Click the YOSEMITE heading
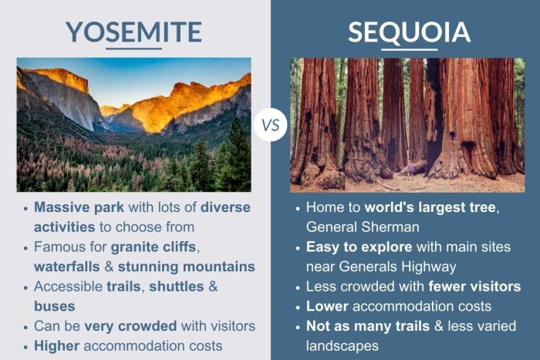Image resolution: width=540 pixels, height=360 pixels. [133, 31]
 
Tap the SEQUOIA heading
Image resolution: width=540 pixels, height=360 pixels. [409, 31]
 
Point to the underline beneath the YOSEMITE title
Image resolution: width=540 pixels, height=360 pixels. [133, 49]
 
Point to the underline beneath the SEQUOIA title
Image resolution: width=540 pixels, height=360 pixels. [409, 49]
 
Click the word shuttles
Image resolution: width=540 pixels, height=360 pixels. [177, 286]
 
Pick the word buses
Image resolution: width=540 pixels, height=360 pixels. [53, 305]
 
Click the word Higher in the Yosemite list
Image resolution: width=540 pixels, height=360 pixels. [59, 345]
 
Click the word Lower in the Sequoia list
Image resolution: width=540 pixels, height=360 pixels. [327, 306]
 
